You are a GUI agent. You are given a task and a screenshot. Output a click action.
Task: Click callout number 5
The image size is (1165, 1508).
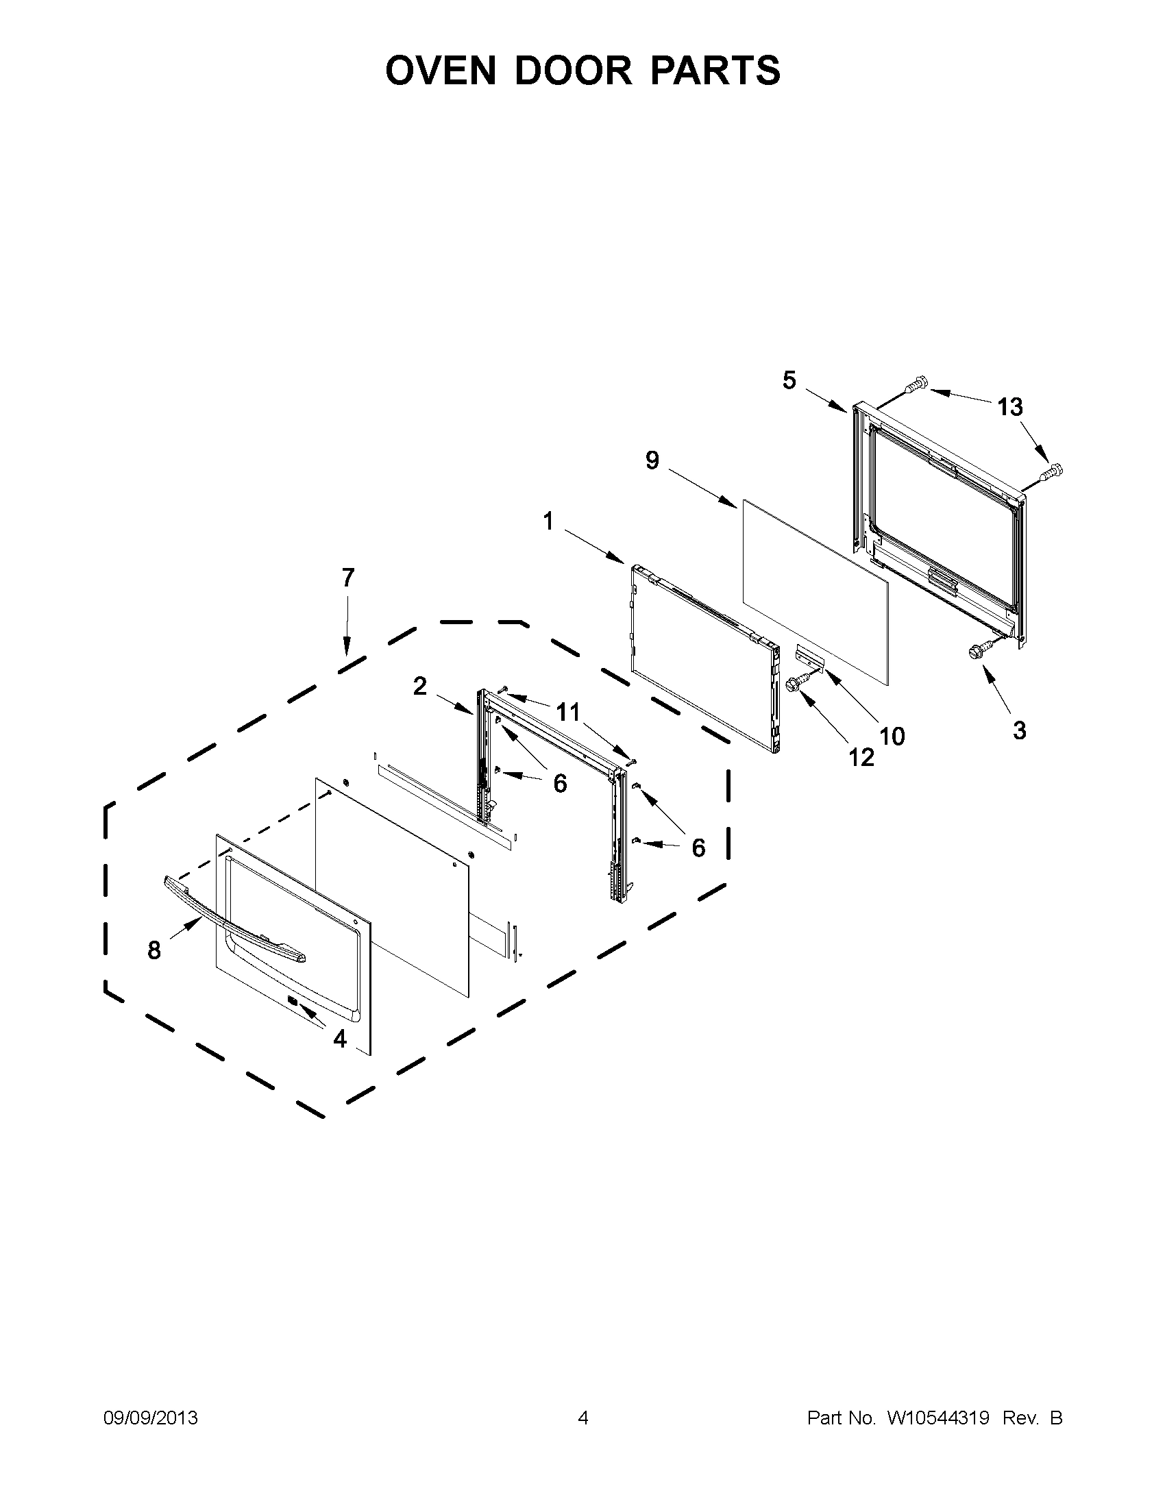[x=789, y=380]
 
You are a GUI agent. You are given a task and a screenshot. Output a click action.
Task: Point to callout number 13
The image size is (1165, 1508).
[x=1009, y=408]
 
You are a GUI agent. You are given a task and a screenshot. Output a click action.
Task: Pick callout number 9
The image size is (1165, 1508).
[x=652, y=460]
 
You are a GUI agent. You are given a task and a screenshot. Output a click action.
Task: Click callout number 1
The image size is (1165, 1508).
[x=548, y=521]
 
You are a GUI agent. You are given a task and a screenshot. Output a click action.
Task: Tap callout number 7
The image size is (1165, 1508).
[x=347, y=578]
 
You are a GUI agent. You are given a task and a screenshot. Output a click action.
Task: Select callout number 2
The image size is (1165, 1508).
[x=420, y=687]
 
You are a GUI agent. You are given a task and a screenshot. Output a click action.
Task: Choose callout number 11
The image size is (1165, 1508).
[x=568, y=711]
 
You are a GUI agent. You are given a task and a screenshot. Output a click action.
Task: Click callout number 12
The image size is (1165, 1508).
[x=861, y=758]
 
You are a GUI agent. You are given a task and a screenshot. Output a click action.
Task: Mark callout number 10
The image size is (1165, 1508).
[x=892, y=737]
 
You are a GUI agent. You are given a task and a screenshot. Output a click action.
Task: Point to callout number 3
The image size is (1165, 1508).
[x=1019, y=730]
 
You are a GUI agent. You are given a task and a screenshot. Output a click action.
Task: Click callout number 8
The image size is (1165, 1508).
[x=154, y=951]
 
